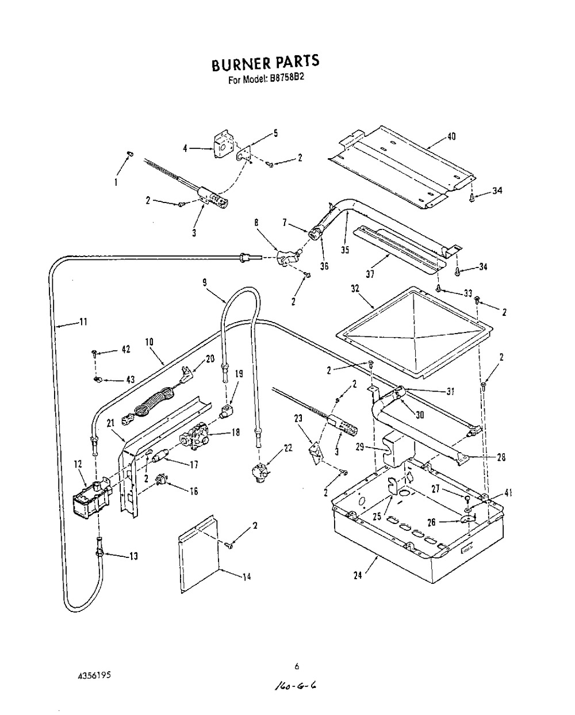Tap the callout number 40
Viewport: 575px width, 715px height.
(452, 137)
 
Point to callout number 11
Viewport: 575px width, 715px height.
(83, 322)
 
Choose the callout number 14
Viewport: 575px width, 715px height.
(246, 577)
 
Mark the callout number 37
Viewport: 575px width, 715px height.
(370, 274)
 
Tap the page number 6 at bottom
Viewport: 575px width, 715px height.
(297, 667)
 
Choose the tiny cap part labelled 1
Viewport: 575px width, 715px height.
(129, 153)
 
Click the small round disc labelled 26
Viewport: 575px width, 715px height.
(467, 519)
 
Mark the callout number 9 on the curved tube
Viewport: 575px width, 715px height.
(205, 282)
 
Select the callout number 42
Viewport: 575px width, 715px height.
(126, 349)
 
